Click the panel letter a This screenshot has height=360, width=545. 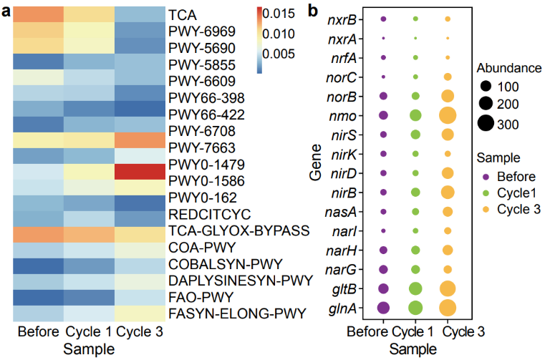[5, 9]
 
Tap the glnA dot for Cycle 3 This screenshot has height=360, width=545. [448, 308]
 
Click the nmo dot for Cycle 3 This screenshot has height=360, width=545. [448, 115]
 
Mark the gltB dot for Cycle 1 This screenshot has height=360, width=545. [415, 288]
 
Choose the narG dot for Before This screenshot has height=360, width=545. [382, 269]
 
